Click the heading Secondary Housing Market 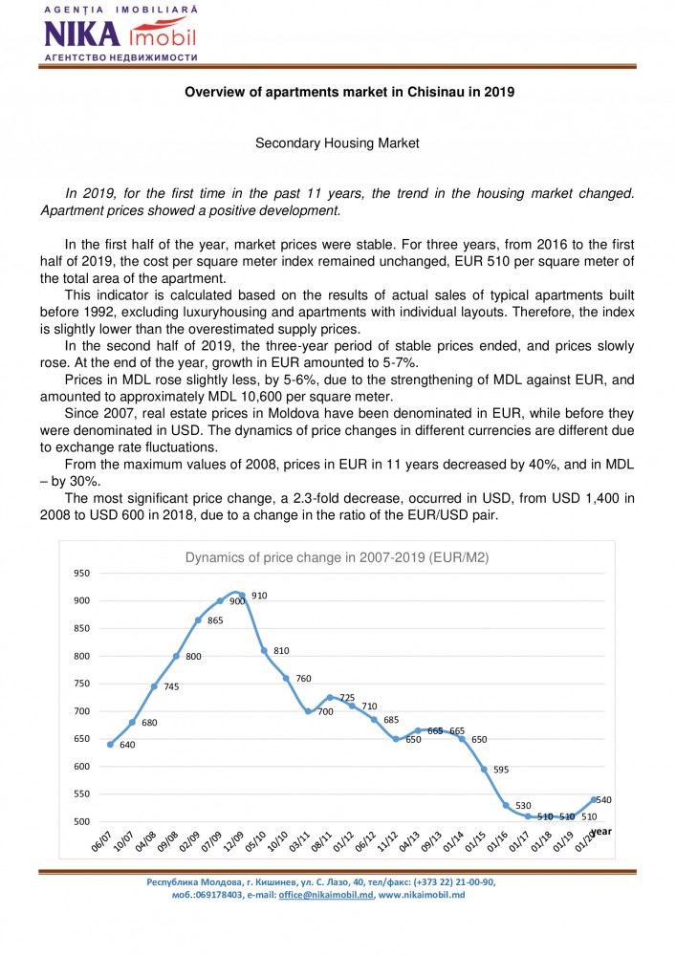pyautogui.click(x=338, y=143)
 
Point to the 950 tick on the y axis pyautogui.click(x=81, y=574)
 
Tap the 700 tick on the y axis pyautogui.click(x=81, y=711)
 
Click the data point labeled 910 pyautogui.click(x=242, y=596)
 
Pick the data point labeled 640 pyautogui.click(x=110, y=744)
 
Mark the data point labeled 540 pyautogui.click(x=595, y=799)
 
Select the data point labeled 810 pyautogui.click(x=264, y=651)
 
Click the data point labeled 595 pyautogui.click(x=484, y=769)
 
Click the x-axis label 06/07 pyautogui.click(x=101, y=842)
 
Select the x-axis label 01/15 pyautogui.click(x=475, y=842)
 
